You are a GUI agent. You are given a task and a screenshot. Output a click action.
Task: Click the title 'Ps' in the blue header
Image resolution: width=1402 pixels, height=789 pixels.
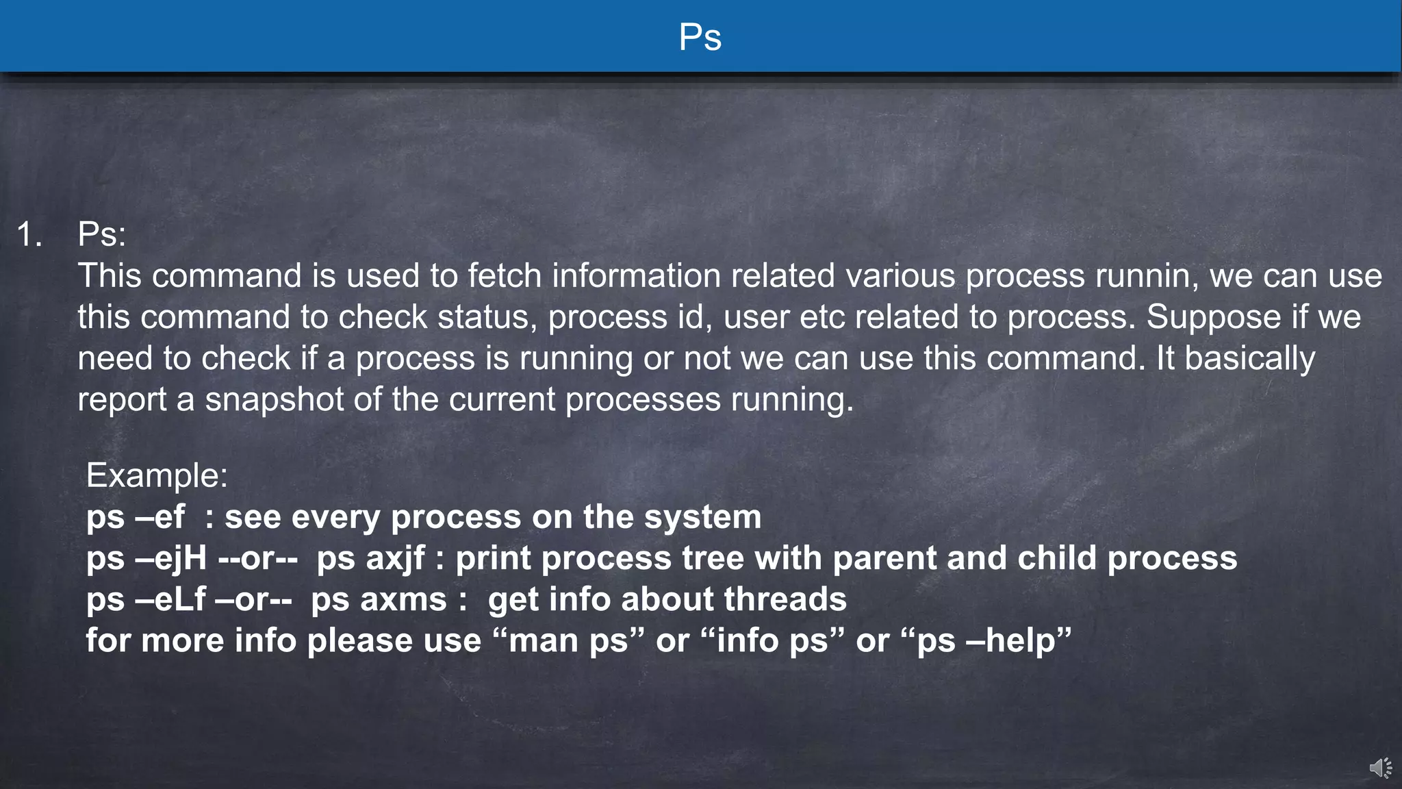pyautogui.click(x=700, y=37)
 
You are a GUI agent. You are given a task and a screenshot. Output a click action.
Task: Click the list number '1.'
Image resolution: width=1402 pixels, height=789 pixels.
pyautogui.click(x=29, y=234)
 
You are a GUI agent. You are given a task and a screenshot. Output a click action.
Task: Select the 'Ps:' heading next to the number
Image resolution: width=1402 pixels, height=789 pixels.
pyautogui.click(x=102, y=234)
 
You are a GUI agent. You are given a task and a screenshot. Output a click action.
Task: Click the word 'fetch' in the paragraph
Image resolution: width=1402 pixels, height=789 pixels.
pyautogui.click(x=505, y=276)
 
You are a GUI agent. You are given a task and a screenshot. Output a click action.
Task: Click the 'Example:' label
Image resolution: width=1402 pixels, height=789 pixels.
pyautogui.click(x=157, y=475)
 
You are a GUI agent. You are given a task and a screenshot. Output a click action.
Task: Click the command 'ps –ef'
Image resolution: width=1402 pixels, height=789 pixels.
pyautogui.click(x=135, y=517)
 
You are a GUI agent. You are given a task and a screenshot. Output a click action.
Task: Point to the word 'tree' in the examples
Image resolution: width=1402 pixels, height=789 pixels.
pyautogui.click(x=711, y=558)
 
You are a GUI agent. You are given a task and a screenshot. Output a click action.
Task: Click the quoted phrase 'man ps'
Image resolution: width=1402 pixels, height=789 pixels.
pyautogui.click(x=568, y=641)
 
